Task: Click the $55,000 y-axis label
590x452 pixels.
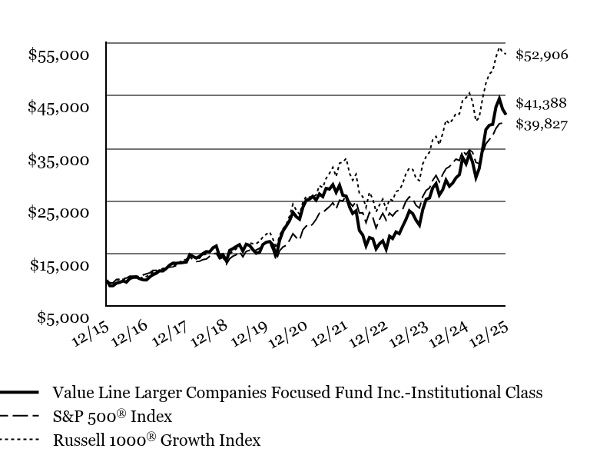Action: click(58, 55)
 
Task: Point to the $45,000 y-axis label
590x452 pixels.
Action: click(58, 107)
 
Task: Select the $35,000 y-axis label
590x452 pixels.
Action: click(58, 160)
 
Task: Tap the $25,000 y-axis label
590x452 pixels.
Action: click(58, 212)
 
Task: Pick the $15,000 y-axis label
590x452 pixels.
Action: click(58, 265)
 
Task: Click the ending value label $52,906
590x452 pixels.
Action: click(542, 55)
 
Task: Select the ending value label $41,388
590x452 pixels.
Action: click(542, 103)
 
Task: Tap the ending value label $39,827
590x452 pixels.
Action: click(542, 125)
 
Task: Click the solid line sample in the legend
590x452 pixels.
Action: click(19, 392)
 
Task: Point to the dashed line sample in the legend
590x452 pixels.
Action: click(19, 417)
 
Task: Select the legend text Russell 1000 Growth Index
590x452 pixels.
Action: click(156, 440)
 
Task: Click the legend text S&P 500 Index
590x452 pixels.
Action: click(112, 417)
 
